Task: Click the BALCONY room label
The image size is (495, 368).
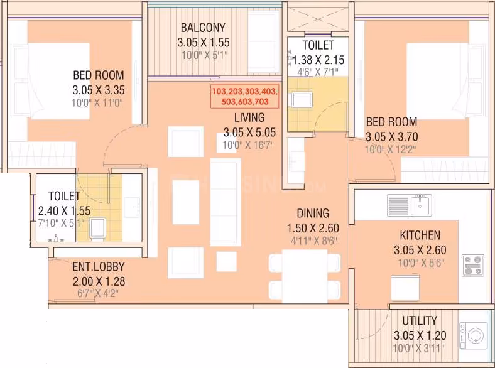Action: (x=203, y=28)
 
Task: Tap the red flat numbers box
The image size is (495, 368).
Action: (x=244, y=96)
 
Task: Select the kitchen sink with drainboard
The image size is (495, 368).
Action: (x=410, y=205)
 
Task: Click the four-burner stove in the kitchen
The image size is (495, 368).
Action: (x=473, y=266)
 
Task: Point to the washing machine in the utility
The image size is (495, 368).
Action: (x=473, y=335)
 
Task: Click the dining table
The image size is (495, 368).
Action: (x=305, y=276)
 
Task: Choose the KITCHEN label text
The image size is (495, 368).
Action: (x=420, y=235)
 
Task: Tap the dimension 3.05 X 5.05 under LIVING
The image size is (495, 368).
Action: (x=249, y=133)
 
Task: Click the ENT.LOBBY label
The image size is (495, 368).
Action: (x=99, y=267)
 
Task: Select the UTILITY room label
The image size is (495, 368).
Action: (x=420, y=321)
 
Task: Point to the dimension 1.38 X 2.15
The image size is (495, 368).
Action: (x=318, y=60)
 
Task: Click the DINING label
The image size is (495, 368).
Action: (x=313, y=214)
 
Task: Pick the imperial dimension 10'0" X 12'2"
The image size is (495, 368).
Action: (x=390, y=149)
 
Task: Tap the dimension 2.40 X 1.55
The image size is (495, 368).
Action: (x=64, y=211)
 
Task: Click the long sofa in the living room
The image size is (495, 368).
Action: (x=226, y=202)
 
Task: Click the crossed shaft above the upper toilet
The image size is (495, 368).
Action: (x=318, y=19)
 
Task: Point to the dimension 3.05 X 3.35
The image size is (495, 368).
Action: (x=99, y=90)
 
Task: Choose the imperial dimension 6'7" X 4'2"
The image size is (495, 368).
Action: (x=98, y=293)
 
